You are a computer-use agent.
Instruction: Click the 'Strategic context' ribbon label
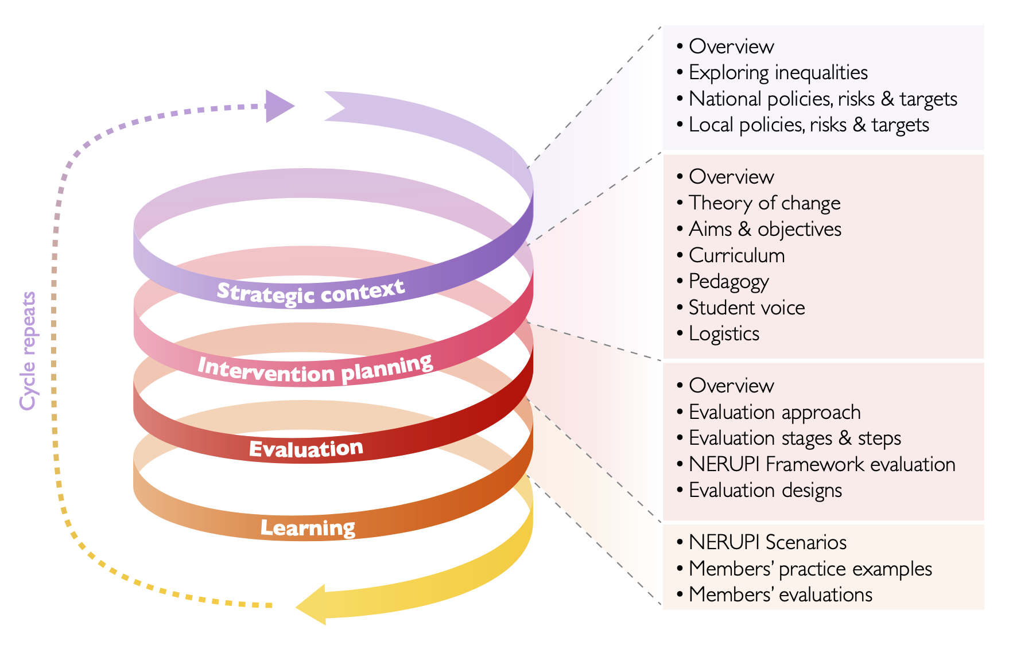[x=311, y=292]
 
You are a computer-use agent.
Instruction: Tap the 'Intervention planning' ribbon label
[x=315, y=368]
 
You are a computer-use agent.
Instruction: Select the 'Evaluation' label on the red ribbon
[x=306, y=449]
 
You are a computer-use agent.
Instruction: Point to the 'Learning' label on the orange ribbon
[x=308, y=527]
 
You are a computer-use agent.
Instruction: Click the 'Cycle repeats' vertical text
[x=28, y=351]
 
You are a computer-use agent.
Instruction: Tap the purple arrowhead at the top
[x=279, y=106]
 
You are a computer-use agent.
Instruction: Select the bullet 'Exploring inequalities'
[x=778, y=73]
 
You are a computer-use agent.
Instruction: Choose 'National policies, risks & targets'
[x=822, y=99]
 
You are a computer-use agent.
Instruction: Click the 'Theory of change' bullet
[x=764, y=203]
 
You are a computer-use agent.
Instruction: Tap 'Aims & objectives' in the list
[x=764, y=229]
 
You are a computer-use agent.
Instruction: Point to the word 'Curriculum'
[x=736, y=255]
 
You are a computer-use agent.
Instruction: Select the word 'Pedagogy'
[x=728, y=282]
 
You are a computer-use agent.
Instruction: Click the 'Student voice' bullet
[x=746, y=308]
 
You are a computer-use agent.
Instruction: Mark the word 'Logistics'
[x=724, y=334]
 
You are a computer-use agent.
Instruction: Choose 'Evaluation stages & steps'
[x=794, y=438]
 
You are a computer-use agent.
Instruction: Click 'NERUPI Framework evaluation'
[x=821, y=464]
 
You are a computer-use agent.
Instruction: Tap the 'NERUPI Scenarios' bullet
[x=767, y=542]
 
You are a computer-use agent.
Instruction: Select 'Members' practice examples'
[x=810, y=569]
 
